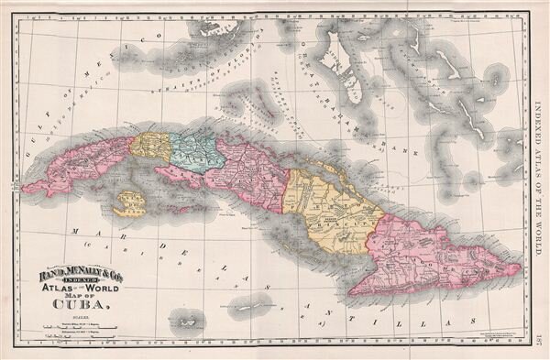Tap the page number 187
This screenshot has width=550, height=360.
[540, 339]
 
